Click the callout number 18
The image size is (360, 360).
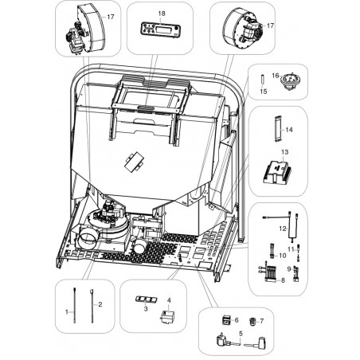162,14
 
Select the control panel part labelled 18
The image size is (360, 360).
160,29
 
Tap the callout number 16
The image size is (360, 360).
276,76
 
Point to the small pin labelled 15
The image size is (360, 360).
263,80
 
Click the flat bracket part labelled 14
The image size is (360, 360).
278,129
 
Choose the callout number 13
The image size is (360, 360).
284,152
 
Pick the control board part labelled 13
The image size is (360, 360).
277,172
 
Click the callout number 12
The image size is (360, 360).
283,229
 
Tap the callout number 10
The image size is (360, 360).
283,256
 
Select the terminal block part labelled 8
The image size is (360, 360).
267,272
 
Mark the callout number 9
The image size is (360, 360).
289,268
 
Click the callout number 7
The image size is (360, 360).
261,321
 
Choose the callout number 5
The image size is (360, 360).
241,334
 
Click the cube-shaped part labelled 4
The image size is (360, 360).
166,316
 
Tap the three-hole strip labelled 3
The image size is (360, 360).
147,299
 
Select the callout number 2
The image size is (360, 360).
100,304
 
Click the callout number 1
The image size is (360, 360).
67,312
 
